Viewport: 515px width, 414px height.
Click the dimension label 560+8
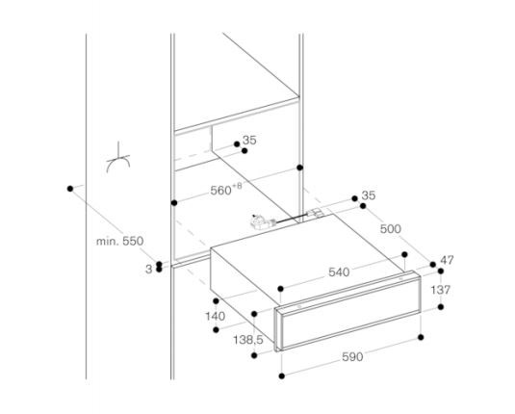226,189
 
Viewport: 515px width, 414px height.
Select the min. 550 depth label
120,241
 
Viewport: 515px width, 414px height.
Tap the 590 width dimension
352,357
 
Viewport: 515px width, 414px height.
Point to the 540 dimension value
339,272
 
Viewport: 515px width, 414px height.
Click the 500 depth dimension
391,229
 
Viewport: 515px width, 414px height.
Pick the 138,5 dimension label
248,340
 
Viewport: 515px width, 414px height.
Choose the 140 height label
215,317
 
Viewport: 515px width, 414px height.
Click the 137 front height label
441,290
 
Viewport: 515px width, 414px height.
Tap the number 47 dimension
447,260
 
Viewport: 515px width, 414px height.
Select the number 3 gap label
149,270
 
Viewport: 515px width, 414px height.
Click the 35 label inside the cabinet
249,141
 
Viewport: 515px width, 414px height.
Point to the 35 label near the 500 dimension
368,195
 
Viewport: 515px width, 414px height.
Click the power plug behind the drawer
260,221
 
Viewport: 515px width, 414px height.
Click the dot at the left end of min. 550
70,189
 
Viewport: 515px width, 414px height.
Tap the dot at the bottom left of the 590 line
281,375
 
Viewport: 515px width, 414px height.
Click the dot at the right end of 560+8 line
300,168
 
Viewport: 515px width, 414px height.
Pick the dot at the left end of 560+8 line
174,203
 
